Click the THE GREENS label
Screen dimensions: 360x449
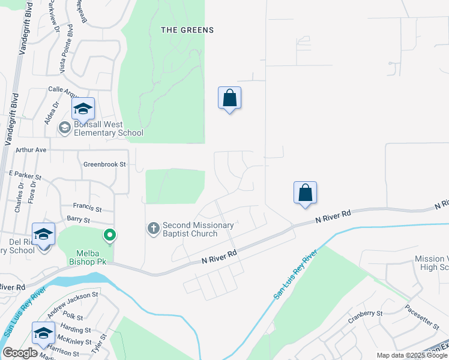pyautogui.click(x=187, y=29)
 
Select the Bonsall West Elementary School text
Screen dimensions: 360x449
pyautogui.click(x=109, y=129)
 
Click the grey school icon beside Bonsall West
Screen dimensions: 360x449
pyautogui.click(x=64, y=128)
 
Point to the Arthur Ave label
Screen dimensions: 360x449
pyautogui.click(x=31, y=149)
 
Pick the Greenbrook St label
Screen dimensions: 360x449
pyautogui.click(x=104, y=164)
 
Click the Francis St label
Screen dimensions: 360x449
pyautogui.click(x=88, y=208)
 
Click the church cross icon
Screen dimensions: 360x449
pyautogui.click(x=153, y=228)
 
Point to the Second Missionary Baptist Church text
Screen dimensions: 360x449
pyautogui.click(x=198, y=229)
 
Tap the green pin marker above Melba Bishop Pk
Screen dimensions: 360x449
pyautogui.click(x=109, y=235)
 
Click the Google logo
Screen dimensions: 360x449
pyautogui.click(x=20, y=353)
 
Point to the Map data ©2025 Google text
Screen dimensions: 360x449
pyautogui.click(x=412, y=355)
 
